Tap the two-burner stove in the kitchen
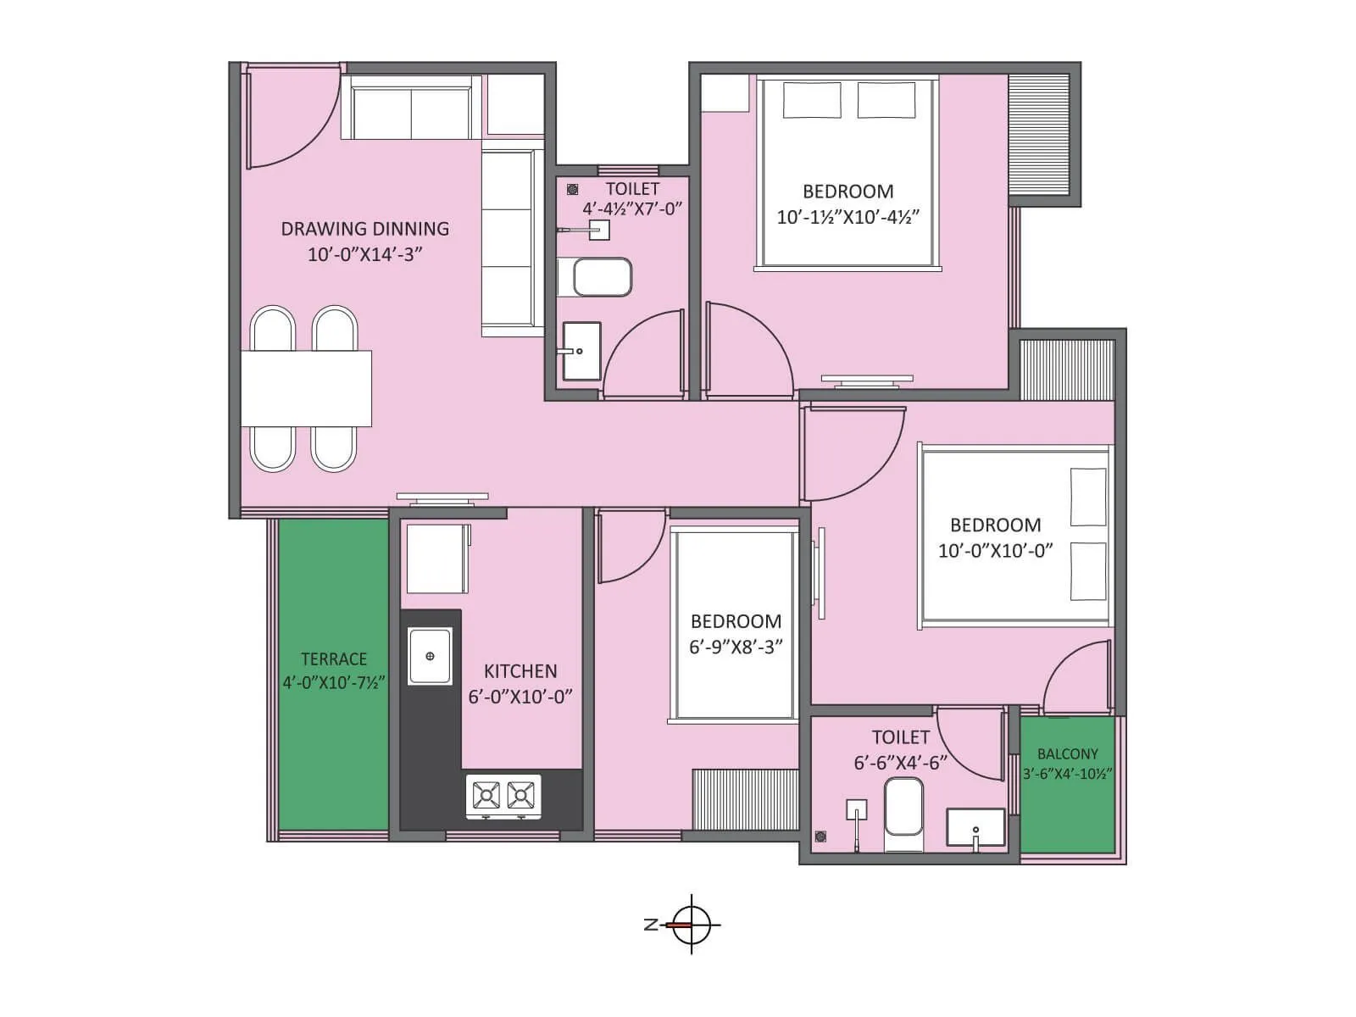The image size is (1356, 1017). click(503, 796)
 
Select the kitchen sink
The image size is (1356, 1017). click(431, 656)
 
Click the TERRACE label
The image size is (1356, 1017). click(334, 659)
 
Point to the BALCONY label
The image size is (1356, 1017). click(1067, 753)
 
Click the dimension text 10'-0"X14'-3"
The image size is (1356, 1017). click(364, 254)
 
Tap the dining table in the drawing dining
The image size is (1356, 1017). click(306, 389)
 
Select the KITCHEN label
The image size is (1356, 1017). click(520, 671)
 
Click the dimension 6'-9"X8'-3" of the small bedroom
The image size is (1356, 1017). click(736, 647)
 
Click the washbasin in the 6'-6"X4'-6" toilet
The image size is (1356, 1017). click(975, 828)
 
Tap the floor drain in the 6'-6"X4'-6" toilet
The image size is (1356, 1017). click(820, 837)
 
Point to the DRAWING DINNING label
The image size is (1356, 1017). click(364, 229)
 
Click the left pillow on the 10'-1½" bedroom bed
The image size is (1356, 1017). click(812, 100)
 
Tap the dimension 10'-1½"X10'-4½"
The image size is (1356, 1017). click(847, 217)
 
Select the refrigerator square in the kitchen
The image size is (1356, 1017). click(436, 559)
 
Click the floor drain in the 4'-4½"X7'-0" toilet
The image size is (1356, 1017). click(573, 190)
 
